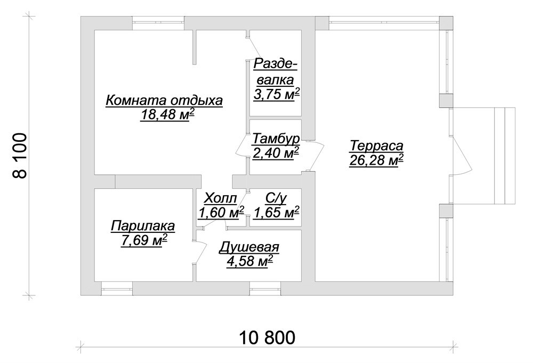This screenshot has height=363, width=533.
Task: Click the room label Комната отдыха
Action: coord(164,101)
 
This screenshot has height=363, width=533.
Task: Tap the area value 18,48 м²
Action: coord(167,115)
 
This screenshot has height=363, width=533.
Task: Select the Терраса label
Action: coord(377,146)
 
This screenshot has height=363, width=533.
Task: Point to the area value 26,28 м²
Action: coord(376,160)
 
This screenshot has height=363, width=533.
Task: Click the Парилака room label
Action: coord(143,226)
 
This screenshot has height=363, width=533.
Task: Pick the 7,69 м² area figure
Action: coord(144,240)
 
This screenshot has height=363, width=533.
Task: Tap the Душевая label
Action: coord(249,247)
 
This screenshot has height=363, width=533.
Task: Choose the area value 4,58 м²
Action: coord(250,262)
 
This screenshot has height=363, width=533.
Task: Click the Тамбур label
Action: coord(276,139)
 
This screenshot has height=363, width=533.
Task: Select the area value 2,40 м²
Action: coord(276,153)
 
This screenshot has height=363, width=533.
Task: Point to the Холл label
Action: coord(220,198)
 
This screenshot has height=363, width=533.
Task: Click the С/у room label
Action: coord(276,198)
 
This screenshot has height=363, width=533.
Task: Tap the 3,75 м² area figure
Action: coord(276,94)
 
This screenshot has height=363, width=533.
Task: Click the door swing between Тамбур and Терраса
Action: coord(316,155)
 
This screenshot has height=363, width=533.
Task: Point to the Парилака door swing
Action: coord(200,252)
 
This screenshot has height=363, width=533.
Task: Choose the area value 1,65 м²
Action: coord(276,213)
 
